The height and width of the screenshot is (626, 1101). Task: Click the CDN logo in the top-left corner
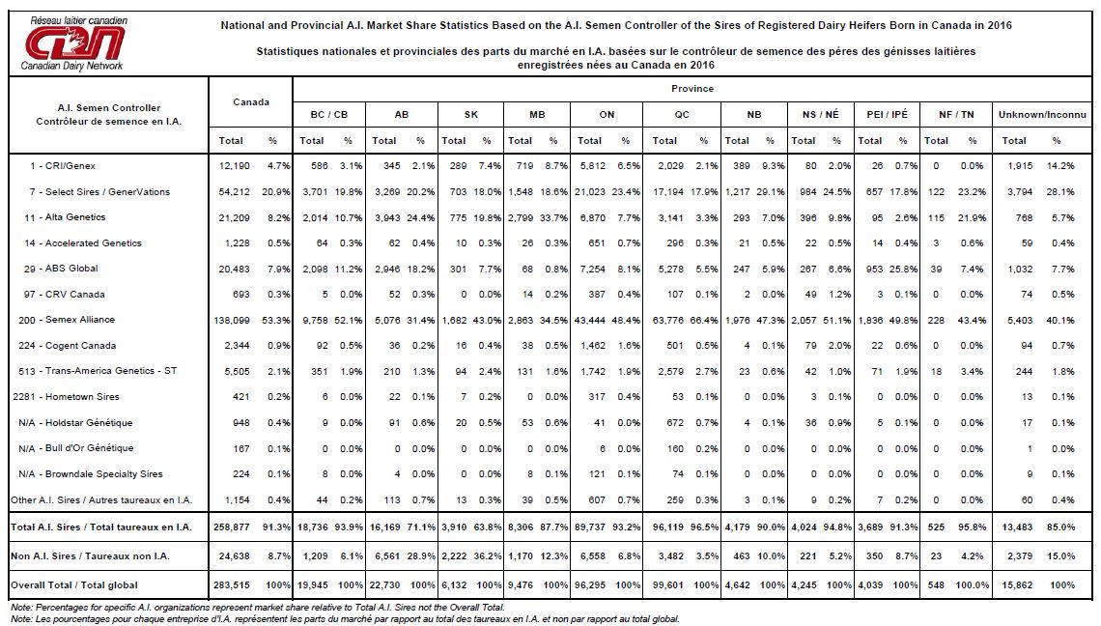[x=74, y=43]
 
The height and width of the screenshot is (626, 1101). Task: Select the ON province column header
[x=607, y=115]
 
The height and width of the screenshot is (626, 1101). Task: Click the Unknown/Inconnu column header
[x=1042, y=115]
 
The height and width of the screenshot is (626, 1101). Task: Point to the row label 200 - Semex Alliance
[x=67, y=320]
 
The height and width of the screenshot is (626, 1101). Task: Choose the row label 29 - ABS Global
[x=61, y=269]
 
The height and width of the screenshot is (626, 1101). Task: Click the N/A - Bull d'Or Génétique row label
[x=76, y=448]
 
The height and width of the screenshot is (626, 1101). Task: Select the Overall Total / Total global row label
[x=74, y=585]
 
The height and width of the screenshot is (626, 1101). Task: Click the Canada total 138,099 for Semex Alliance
[x=232, y=321]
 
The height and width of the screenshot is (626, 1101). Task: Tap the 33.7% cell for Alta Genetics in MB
[x=553, y=217]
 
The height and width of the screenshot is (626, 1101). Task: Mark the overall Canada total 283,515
[x=232, y=585]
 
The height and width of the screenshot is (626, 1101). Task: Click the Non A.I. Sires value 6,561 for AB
[x=385, y=556]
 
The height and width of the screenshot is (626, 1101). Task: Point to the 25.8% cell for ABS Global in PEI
[x=903, y=270]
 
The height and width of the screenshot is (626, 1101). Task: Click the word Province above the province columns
[x=692, y=89]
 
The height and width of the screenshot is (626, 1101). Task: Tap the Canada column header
[x=251, y=101]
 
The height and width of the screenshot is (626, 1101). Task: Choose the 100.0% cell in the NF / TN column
[x=973, y=585]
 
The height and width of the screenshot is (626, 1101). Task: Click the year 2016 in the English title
[x=1000, y=25]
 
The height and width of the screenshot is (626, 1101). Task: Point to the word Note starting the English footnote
[x=21, y=608]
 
